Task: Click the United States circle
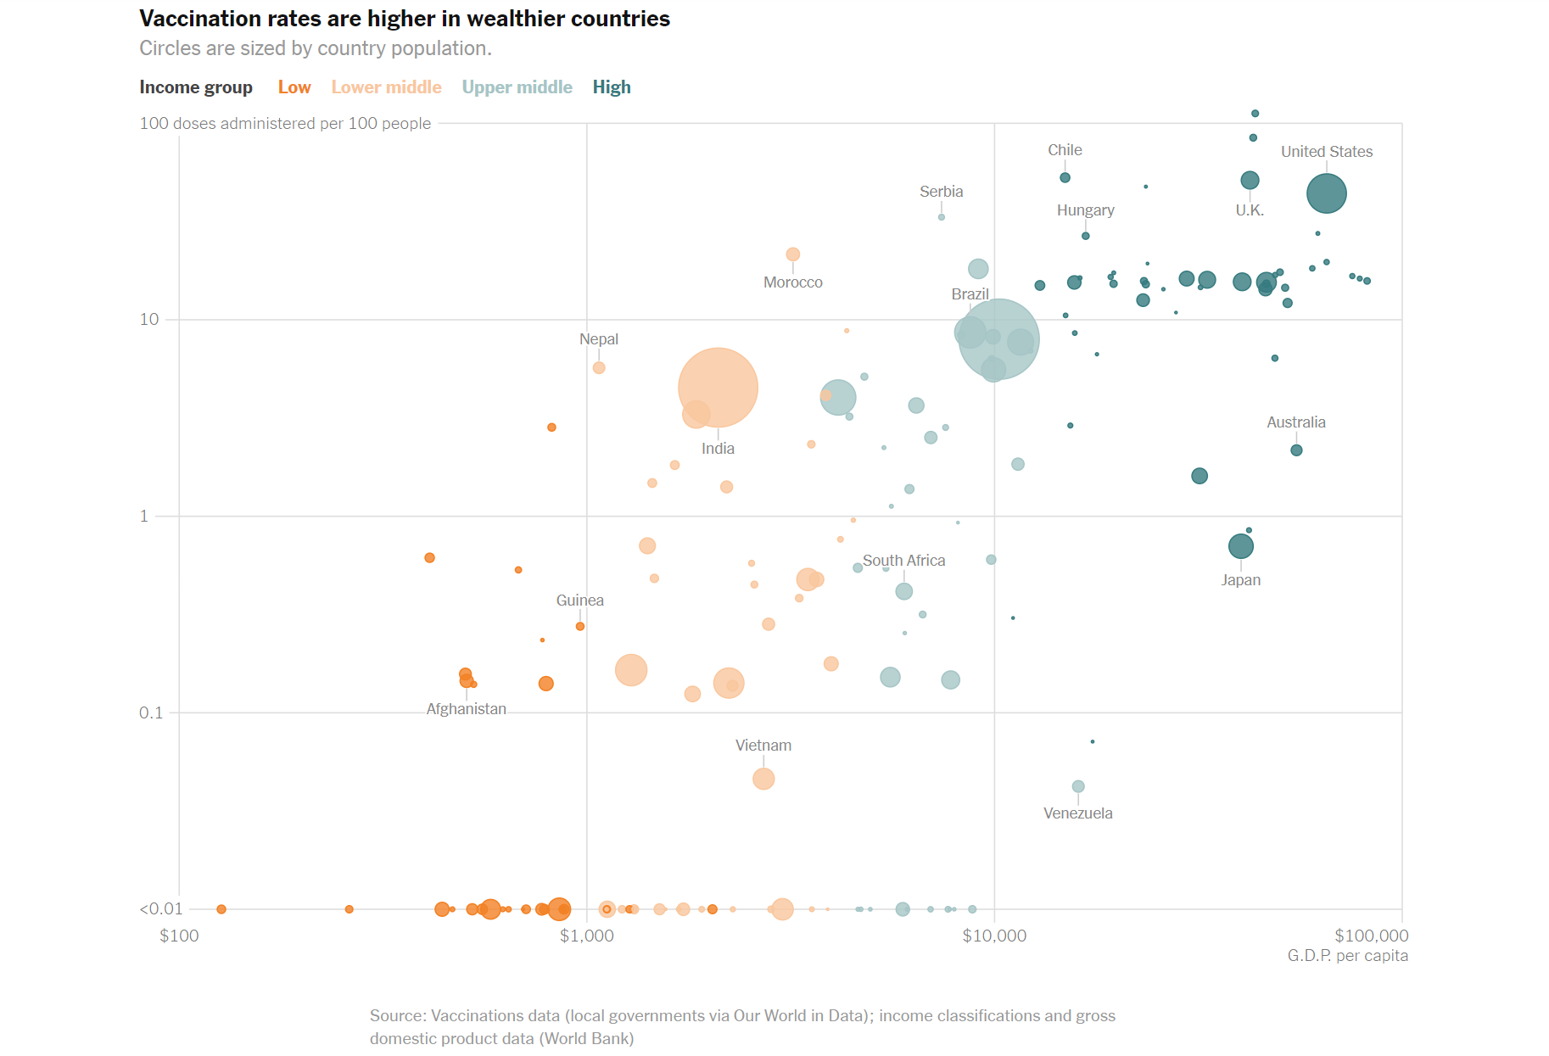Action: click(1326, 193)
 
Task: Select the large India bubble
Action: click(718, 388)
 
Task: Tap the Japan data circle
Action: click(1240, 546)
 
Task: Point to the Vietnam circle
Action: click(763, 779)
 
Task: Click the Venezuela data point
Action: click(1078, 786)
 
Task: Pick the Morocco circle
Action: click(793, 254)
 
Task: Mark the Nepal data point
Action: click(599, 368)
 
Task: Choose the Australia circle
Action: click(1296, 450)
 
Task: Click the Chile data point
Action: click(1065, 177)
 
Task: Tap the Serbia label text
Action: click(941, 192)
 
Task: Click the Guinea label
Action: click(580, 601)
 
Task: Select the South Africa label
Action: click(903, 561)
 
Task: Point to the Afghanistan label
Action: click(466, 709)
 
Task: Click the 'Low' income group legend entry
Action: click(294, 87)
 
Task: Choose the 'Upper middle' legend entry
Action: click(517, 87)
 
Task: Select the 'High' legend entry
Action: click(612, 87)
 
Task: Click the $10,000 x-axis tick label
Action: click(994, 936)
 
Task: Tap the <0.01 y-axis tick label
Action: click(161, 909)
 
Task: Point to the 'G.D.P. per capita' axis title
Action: click(1347, 956)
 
